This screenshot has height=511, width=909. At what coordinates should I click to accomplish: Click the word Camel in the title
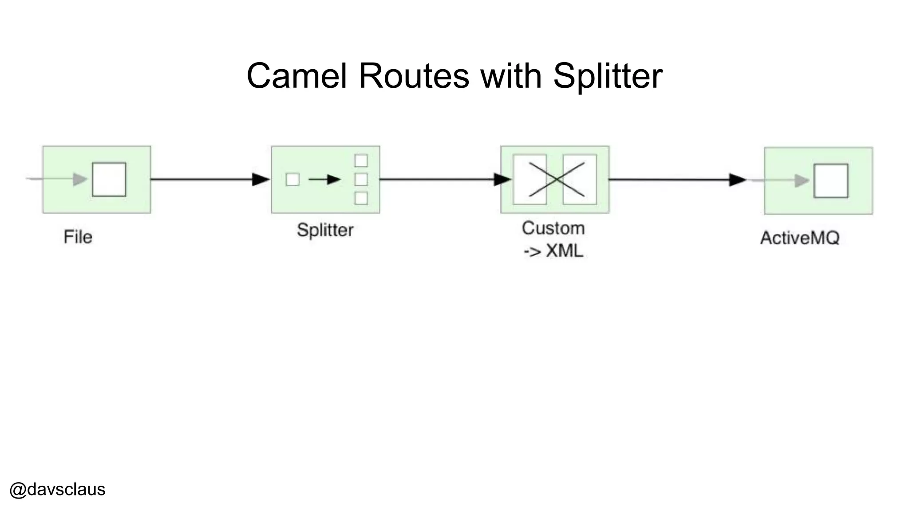click(x=296, y=76)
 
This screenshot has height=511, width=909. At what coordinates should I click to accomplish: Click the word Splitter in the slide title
click(x=608, y=76)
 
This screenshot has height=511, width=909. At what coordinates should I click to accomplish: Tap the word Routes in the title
click(x=414, y=76)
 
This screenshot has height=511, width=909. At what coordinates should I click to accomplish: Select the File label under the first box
click(x=78, y=237)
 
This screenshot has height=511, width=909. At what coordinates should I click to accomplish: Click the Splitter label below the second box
click(x=325, y=230)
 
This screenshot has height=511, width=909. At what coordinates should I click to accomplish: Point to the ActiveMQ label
click(x=800, y=238)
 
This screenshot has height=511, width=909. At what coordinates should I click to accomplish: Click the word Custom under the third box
click(x=553, y=228)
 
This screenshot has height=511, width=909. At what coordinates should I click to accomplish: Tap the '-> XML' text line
click(x=553, y=251)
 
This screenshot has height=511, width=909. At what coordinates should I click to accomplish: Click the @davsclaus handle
click(x=57, y=489)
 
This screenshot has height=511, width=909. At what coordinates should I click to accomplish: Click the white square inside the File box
click(x=109, y=179)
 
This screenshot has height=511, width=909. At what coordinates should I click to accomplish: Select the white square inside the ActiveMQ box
click(x=831, y=181)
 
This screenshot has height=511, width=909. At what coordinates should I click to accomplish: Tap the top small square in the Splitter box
click(x=361, y=161)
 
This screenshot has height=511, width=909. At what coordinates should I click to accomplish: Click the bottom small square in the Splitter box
click(x=361, y=198)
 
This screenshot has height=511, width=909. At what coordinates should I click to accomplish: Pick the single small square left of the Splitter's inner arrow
click(x=292, y=180)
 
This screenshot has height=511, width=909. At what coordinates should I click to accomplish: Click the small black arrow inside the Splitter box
click(x=324, y=180)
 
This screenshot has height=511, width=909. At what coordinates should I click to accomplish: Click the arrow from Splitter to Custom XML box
click(x=444, y=179)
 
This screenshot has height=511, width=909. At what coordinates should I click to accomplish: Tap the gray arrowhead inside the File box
click(x=80, y=179)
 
